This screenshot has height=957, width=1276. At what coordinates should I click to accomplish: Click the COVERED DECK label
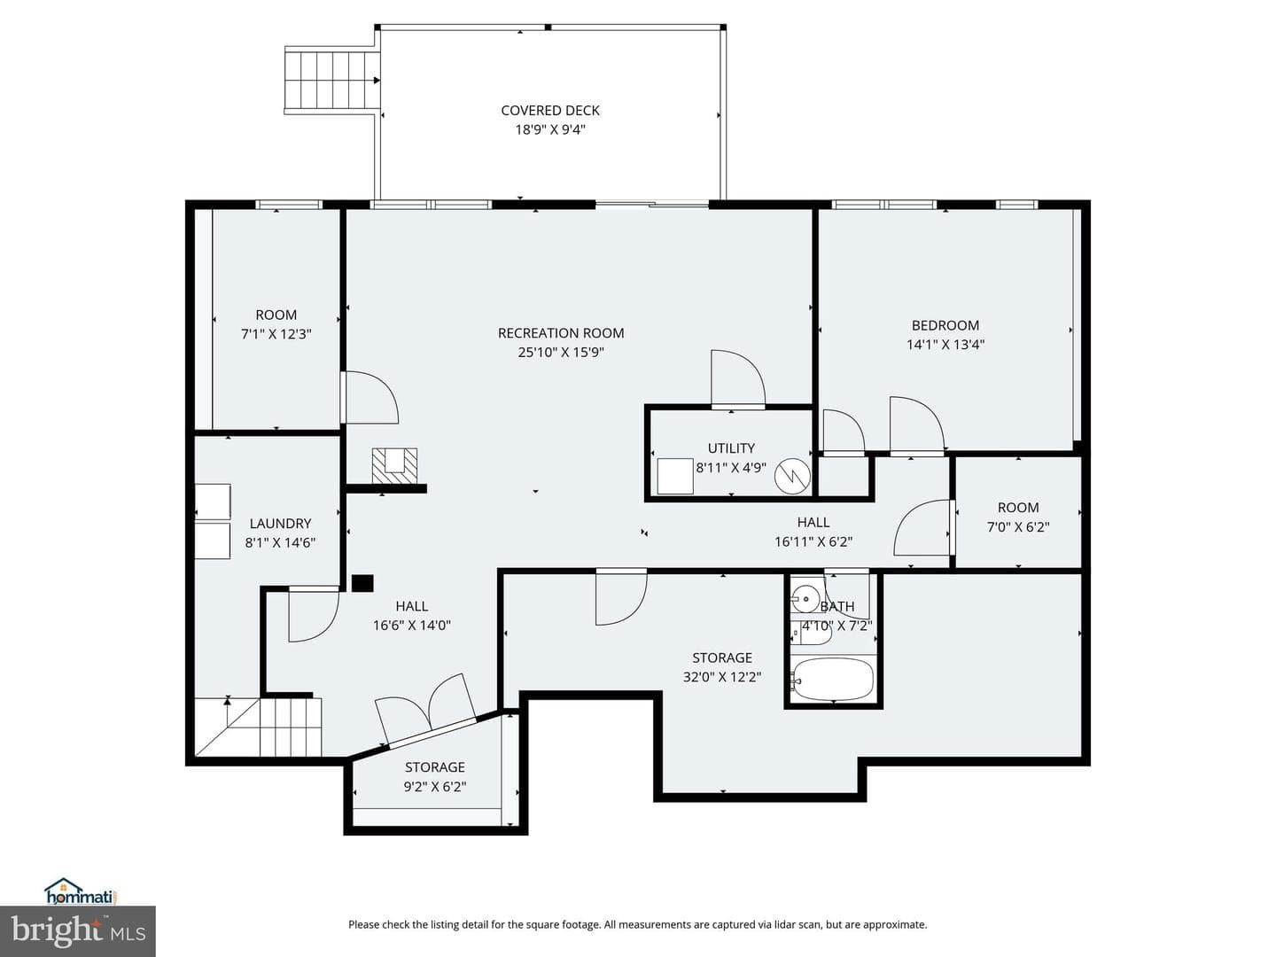pyautogui.click(x=550, y=111)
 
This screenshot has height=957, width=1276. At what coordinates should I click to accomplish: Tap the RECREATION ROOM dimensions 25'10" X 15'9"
pyautogui.click(x=561, y=352)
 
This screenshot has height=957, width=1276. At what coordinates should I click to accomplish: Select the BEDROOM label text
pyautogui.click(x=945, y=325)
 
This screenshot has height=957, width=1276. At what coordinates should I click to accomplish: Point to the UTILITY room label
pyautogui.click(x=731, y=448)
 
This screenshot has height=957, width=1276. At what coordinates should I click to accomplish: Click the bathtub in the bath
pyautogui.click(x=834, y=680)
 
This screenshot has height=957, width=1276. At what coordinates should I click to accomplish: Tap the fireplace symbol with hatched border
pyautogui.click(x=394, y=465)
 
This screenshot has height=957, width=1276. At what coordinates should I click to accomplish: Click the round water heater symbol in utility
pyautogui.click(x=792, y=477)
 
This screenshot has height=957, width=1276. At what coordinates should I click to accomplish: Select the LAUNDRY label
pyautogui.click(x=280, y=524)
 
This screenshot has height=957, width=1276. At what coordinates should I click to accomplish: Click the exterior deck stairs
pyautogui.click(x=331, y=80)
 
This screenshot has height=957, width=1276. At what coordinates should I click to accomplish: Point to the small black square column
pyautogui.click(x=362, y=583)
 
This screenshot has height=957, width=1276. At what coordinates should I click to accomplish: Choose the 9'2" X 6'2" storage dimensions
pyautogui.click(x=435, y=787)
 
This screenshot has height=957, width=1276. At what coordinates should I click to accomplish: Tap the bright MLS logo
pyautogui.click(x=78, y=931)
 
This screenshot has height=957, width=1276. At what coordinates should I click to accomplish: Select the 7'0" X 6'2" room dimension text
pyautogui.click(x=1018, y=527)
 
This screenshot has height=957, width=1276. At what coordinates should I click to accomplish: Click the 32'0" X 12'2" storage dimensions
pyautogui.click(x=722, y=677)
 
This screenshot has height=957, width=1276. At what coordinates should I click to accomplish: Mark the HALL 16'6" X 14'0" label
pyautogui.click(x=411, y=616)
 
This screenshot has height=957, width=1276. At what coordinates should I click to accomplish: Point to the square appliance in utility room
pyautogui.click(x=675, y=477)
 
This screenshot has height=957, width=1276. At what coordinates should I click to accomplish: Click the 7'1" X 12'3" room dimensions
pyautogui.click(x=276, y=334)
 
